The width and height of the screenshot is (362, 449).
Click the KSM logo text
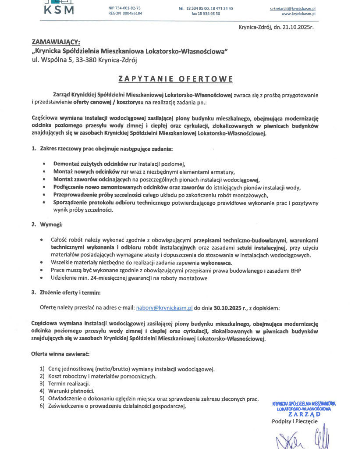coord(59,10)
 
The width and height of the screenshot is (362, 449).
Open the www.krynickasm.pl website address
coord(298,14)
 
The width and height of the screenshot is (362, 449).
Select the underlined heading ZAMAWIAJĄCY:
coord(56,42)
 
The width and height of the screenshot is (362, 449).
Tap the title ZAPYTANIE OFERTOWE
coord(175,79)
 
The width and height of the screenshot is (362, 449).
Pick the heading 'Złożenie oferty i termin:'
coord(70,292)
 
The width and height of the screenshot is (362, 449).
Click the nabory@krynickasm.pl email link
coord(164,308)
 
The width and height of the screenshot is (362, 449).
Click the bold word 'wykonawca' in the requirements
coord(216,263)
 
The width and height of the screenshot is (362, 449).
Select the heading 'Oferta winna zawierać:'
coord(60,353)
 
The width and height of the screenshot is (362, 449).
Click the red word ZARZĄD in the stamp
coord(304,414)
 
